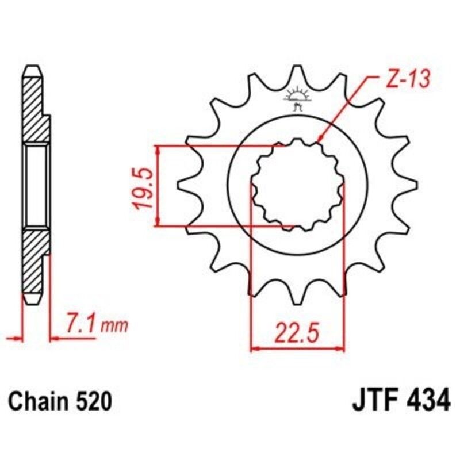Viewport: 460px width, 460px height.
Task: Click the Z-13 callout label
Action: [407, 80]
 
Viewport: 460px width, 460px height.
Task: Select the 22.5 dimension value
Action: [297, 334]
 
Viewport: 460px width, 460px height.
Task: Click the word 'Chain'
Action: [36, 401]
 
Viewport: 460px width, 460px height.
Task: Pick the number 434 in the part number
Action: [424, 400]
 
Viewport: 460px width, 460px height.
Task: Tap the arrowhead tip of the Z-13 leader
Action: [318, 141]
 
